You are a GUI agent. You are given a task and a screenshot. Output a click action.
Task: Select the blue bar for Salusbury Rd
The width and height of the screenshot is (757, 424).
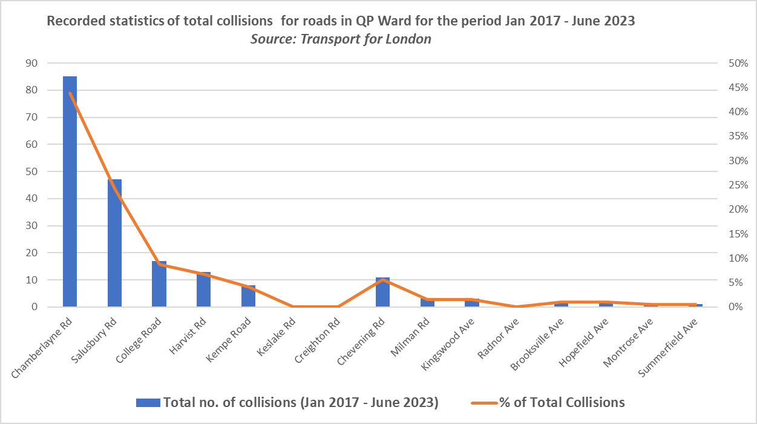(x=114, y=243)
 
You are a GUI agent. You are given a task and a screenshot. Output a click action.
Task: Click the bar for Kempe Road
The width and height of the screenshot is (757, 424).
(x=248, y=296)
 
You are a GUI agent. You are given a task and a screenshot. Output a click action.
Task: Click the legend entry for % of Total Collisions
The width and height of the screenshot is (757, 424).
(x=561, y=402)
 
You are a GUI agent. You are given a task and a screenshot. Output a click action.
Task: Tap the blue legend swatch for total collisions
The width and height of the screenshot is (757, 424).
(x=148, y=402)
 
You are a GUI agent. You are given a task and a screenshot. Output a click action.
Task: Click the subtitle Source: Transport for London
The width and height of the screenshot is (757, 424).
(x=341, y=39)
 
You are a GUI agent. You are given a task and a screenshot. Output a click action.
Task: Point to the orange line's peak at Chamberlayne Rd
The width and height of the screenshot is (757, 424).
(x=70, y=93)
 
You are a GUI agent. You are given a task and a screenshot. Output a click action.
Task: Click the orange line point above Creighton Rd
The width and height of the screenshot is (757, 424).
(x=338, y=306)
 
